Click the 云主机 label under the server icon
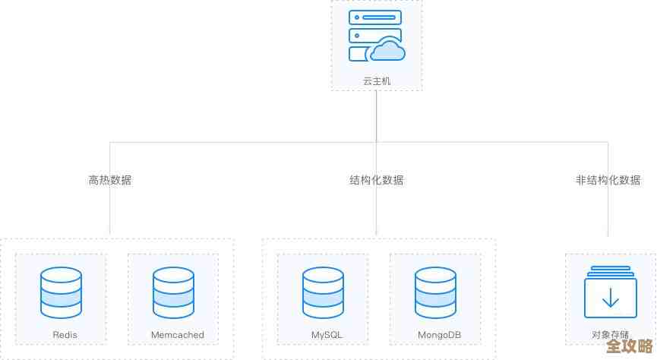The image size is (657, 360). (377, 81)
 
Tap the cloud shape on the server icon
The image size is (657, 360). (387, 50)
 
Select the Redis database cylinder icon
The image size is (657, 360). (62, 292)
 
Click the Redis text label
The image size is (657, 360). (65, 335)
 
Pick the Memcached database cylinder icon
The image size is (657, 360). (174, 292)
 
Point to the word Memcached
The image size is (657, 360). (177, 335)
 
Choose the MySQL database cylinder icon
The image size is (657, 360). (323, 292)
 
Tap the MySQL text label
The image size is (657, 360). (328, 335)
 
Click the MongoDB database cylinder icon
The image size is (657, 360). (436, 292)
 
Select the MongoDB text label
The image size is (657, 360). (439, 335)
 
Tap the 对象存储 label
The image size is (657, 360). (610, 335)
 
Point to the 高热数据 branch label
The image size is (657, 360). (110, 180)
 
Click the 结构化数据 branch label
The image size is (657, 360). (377, 180)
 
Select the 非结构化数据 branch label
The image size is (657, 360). (608, 180)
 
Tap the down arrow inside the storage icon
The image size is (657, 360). (611, 299)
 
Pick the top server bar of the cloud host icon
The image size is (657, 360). (374, 17)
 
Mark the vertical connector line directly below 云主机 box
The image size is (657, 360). (377, 114)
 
